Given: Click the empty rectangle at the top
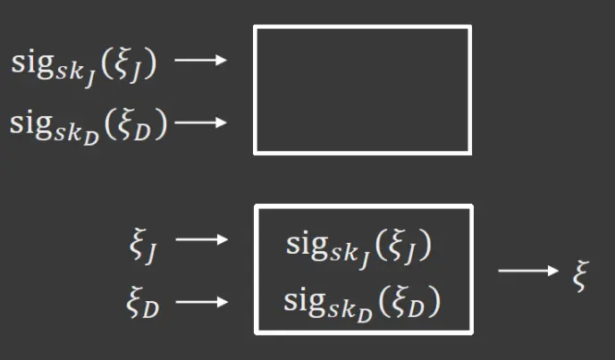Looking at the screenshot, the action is click(362, 89).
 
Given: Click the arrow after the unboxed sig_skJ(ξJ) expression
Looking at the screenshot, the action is click(200, 61).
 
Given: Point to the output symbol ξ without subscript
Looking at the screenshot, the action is click(581, 269).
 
